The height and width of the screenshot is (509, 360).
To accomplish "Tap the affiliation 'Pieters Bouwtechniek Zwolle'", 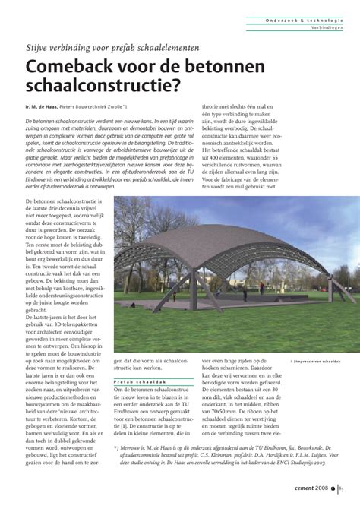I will tap(108, 109).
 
